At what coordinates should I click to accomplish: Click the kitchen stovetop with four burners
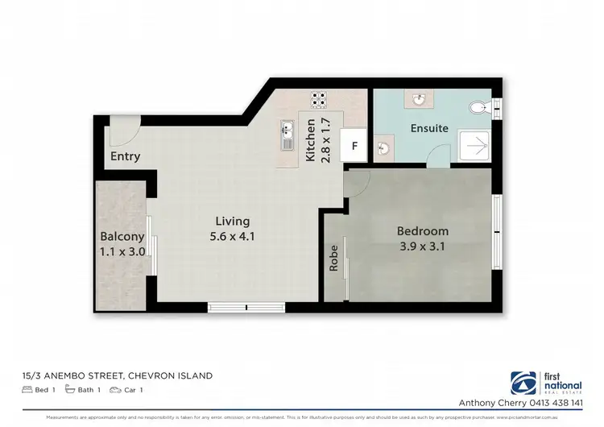pos(319,101)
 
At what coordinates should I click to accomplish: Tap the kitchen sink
pos(287,135)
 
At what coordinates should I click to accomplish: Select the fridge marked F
pos(353,147)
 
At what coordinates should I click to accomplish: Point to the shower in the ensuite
pos(474,147)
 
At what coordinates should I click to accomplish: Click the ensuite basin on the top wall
pos(420,99)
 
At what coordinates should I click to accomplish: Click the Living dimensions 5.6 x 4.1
pos(232,237)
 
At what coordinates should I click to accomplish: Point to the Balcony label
pos(122,237)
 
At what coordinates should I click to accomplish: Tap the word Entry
pos(126,156)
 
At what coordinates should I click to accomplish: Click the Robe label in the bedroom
pos(333,258)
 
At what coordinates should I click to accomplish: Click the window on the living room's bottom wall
pos(246,307)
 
